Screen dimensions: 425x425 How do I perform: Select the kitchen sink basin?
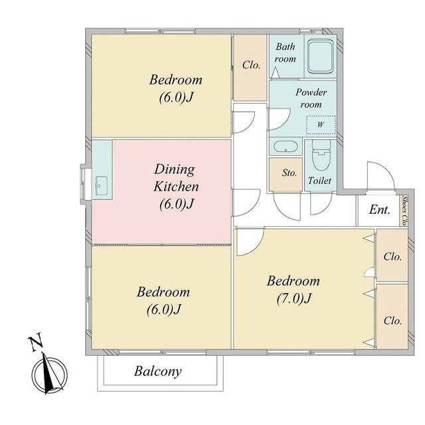click(x=102, y=186)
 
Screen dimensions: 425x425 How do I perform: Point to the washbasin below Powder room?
click(x=286, y=147)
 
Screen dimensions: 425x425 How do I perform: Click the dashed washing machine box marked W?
click(x=321, y=125)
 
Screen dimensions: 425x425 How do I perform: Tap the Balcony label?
click(x=158, y=371)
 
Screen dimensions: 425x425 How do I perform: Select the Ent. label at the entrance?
click(x=379, y=210)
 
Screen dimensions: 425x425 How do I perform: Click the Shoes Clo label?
click(x=404, y=211)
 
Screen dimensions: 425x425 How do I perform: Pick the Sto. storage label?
click(x=290, y=173)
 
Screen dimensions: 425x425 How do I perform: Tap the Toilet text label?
click(x=319, y=181)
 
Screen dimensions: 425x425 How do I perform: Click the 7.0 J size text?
click(x=294, y=299)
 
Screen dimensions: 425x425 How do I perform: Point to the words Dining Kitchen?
click(x=176, y=178)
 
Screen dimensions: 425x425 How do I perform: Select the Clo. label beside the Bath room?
click(x=251, y=65)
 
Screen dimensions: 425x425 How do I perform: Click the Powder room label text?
click(x=311, y=98)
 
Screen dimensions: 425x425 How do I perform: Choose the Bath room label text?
click(x=285, y=52)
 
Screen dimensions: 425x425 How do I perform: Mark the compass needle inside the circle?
click(x=48, y=373)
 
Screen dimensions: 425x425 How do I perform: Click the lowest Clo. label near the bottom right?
click(x=392, y=321)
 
